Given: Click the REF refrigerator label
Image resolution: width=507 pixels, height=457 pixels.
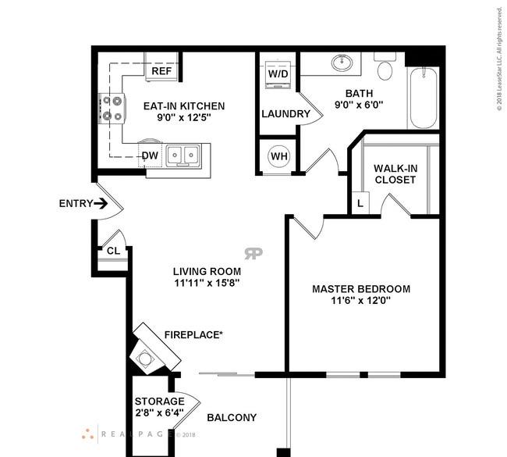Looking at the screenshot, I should coord(161,71).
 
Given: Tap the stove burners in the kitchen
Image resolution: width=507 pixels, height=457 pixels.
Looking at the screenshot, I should coord(112,109).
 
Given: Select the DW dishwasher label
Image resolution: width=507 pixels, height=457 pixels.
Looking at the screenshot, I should coord(150,155).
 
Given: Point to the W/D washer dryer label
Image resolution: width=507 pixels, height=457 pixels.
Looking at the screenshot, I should coord(278,73).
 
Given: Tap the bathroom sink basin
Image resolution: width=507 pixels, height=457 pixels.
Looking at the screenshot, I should coord(341,62).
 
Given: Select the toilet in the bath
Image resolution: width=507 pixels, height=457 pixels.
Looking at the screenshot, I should coord(385,68).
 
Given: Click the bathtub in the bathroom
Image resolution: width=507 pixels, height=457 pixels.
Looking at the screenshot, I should coord(423,98).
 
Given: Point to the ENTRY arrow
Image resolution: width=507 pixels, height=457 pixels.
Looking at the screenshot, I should coord(101,204).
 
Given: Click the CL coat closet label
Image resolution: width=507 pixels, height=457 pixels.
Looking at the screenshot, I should coord(113,251).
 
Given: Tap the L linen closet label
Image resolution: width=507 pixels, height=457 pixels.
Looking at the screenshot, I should coord(360,203).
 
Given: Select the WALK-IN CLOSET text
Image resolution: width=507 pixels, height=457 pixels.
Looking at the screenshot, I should coord(394,173).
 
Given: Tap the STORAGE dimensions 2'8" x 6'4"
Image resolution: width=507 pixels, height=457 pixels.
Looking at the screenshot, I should coord(159,413).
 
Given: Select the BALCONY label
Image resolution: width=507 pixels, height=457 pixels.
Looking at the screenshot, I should coord(231,418).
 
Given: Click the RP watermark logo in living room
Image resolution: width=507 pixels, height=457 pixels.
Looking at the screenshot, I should coord(253,253).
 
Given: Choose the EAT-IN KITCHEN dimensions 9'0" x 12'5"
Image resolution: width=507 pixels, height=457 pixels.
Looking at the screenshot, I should coord(183,118).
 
